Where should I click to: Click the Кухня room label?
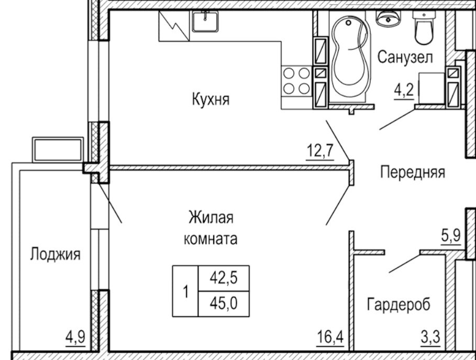210,100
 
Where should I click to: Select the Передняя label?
413,172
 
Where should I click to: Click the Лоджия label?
55,255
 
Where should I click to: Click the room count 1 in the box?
185,291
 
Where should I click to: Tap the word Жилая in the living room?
211,217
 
